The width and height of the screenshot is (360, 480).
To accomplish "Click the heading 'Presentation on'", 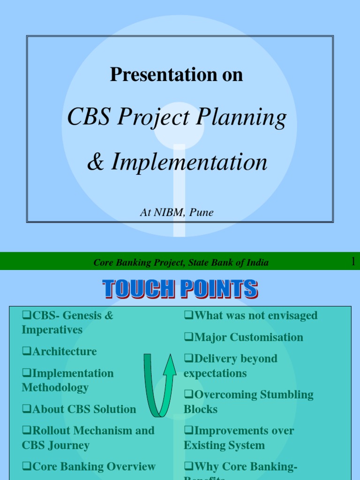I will click(176, 75).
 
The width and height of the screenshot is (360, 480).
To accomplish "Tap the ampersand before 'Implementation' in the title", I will click(96, 162).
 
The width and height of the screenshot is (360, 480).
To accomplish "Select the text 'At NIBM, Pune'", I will click(177, 212).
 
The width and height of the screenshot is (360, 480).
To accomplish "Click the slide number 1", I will click(353, 262).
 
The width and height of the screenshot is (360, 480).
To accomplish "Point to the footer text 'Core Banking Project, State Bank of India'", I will click(181, 262).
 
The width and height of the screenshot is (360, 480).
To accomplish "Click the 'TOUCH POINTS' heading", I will click(180, 289).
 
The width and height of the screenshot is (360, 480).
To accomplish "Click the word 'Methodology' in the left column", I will click(55, 388).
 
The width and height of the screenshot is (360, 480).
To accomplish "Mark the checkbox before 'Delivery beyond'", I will click(188, 359).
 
